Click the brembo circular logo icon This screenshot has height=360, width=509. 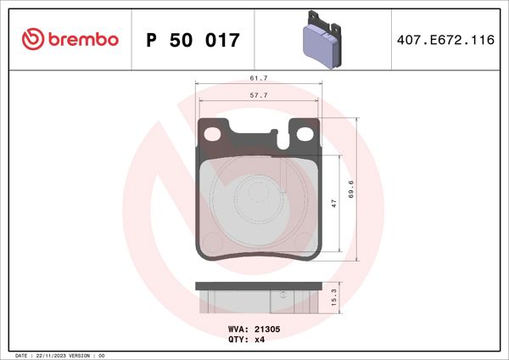32,39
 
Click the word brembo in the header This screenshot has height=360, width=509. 83,39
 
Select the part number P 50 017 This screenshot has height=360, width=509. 193,40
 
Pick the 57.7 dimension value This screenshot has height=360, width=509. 259,96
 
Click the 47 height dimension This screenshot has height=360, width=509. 334,204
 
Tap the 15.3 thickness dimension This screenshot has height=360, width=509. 334,298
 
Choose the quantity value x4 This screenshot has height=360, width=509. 260,339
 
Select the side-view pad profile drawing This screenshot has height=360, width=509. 259,298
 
